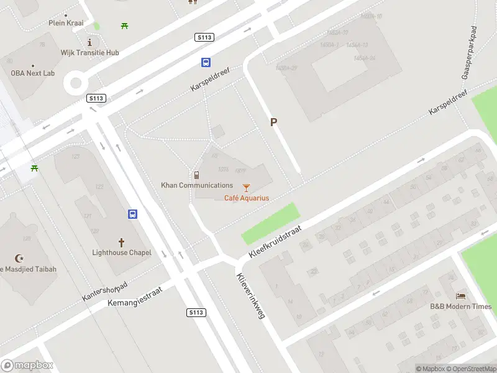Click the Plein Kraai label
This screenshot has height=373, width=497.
click(x=66, y=23)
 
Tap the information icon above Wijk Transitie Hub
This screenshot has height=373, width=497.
click(x=90, y=42)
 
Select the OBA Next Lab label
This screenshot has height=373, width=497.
click(x=32, y=73)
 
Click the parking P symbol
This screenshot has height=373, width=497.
click(x=273, y=122)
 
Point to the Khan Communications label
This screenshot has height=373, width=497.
click(x=197, y=185)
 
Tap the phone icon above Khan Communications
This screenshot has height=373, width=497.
click(x=196, y=175)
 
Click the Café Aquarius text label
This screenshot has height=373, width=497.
click(x=247, y=198)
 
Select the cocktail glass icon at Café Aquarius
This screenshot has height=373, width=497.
click(x=247, y=187)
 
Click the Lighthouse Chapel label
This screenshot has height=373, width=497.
click(x=122, y=252)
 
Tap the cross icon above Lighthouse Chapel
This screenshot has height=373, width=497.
click(x=122, y=241)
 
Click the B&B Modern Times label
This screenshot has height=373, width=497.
click(x=461, y=306)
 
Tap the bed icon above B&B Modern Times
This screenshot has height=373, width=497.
click(x=461, y=295)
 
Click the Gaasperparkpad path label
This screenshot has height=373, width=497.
click(x=472, y=52)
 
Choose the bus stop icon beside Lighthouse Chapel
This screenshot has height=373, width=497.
click(x=133, y=214)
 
